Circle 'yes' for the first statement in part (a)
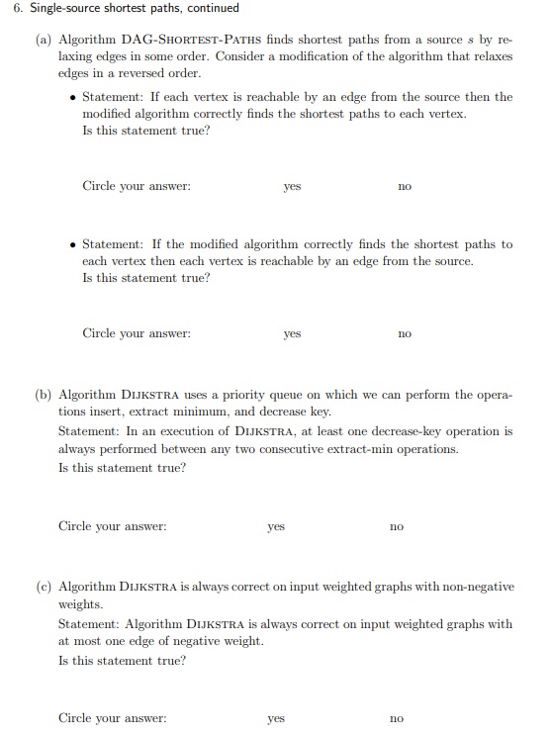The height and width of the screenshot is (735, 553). tap(292, 186)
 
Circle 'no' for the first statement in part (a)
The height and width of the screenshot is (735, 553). tap(404, 186)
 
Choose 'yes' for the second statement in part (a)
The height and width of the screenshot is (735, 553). tap(292, 334)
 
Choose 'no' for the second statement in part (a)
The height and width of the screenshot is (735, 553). tap(404, 334)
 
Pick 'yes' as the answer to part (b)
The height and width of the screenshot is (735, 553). tap(276, 526)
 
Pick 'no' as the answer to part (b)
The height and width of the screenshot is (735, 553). tap(396, 526)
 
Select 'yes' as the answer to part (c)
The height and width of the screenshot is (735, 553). tap(276, 718)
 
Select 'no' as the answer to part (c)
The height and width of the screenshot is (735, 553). tap(396, 718)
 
